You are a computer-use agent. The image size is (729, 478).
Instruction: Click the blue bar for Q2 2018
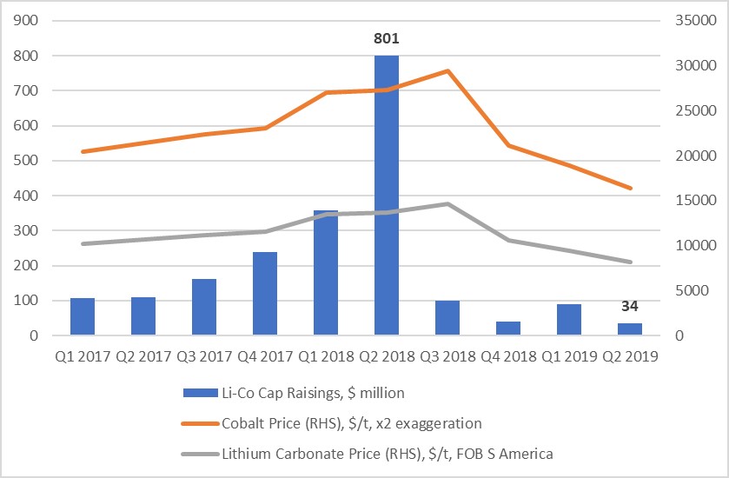tap(387, 196)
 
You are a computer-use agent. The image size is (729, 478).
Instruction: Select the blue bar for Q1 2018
tap(326, 273)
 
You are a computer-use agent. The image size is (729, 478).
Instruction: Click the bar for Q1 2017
tap(83, 316)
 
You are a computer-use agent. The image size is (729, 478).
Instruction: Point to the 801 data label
tap(387, 38)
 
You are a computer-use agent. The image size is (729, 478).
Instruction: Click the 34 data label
tap(629, 306)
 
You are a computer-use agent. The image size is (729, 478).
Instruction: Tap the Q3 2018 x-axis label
tap(447, 356)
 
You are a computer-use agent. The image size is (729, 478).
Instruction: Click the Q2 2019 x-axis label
tap(629, 356)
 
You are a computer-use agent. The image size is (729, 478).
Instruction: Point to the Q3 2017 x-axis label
tap(204, 356)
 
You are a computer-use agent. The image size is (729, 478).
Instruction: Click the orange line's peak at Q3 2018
tap(447, 70)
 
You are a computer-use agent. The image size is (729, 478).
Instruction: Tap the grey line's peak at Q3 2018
tap(447, 203)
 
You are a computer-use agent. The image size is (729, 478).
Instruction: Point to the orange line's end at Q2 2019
tap(630, 188)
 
